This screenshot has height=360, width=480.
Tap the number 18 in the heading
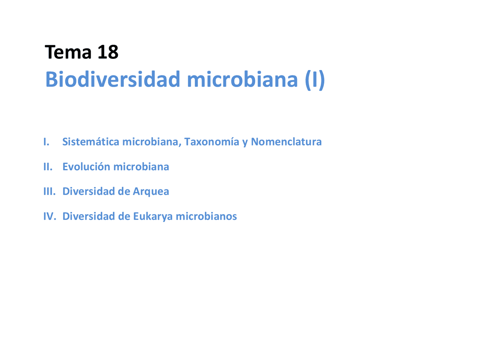[x=108, y=52]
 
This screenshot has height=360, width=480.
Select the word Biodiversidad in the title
[x=112, y=79]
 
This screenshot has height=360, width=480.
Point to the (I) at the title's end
[x=314, y=79]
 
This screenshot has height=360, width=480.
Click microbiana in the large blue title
[x=242, y=79]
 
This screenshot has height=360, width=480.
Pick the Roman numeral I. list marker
[x=46, y=142]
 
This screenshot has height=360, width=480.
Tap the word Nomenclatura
[x=286, y=142]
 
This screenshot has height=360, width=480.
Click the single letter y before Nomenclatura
[x=245, y=142]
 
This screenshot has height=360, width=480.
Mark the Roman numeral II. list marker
[x=48, y=166]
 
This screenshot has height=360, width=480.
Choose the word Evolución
[x=86, y=166]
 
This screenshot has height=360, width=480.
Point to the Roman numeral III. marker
[x=49, y=191]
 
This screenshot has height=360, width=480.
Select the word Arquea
[x=151, y=192]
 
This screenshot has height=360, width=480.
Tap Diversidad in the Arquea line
[x=88, y=191]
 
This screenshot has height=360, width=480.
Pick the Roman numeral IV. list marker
[x=49, y=216]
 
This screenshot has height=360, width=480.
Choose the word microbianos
[x=206, y=216]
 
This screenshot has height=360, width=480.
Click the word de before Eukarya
[x=124, y=216]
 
